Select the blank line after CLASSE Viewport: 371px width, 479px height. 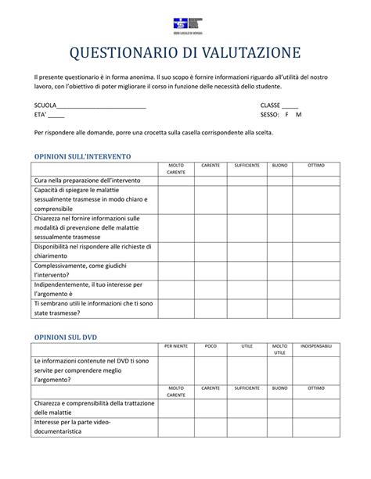[290, 105]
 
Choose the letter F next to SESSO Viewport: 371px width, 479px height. [286, 115]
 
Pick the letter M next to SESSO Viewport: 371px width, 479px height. [298, 115]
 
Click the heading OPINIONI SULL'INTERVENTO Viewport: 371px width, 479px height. [82, 156]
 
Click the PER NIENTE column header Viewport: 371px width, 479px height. [176, 345]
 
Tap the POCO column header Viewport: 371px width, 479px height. [211, 345]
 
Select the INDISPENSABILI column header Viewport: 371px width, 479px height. [316, 345]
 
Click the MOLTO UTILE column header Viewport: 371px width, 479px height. [279, 349]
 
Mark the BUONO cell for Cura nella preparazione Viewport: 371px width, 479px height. [279, 180]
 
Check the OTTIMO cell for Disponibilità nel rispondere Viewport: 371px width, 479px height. [316, 250]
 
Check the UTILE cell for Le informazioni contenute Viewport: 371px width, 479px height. [247, 370]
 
